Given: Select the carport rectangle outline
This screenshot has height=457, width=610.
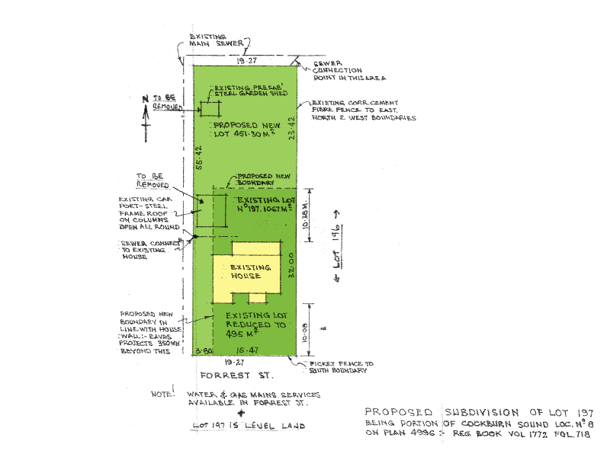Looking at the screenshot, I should pyautogui.click(x=212, y=211).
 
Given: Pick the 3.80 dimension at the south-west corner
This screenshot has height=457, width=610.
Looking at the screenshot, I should pyautogui.click(x=203, y=351).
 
